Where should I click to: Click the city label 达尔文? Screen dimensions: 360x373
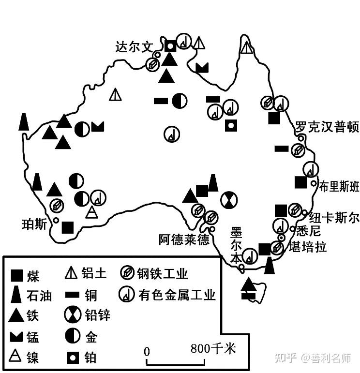click(x=134, y=47)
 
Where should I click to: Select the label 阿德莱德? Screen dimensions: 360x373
click(x=184, y=239)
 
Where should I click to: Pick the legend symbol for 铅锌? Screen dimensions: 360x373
click(x=72, y=314)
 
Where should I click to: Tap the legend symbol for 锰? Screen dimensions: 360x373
click(x=17, y=336)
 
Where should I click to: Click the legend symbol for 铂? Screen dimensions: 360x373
click(x=72, y=358)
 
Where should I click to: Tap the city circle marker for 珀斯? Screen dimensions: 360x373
click(x=56, y=221)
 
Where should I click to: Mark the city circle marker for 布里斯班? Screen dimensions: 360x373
click(x=314, y=183)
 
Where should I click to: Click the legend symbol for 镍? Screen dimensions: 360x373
click(x=17, y=357)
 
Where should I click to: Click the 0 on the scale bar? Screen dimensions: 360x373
click(x=147, y=351)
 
